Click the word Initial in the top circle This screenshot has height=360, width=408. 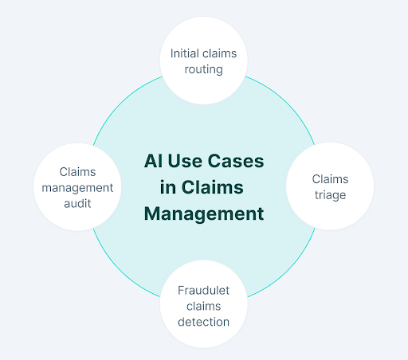tap(185, 54)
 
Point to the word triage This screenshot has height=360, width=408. tap(330, 194)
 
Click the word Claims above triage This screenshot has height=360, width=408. tap(330, 178)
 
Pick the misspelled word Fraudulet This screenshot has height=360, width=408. tap(204, 290)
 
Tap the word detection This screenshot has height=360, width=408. tap(204, 322)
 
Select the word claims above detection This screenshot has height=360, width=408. tap(204, 306)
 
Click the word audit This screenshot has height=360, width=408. tap(78, 203)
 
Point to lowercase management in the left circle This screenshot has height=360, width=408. tap(78, 188)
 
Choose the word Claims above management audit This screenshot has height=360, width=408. tap(78, 172)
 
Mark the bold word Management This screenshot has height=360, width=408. tap(203, 214)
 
